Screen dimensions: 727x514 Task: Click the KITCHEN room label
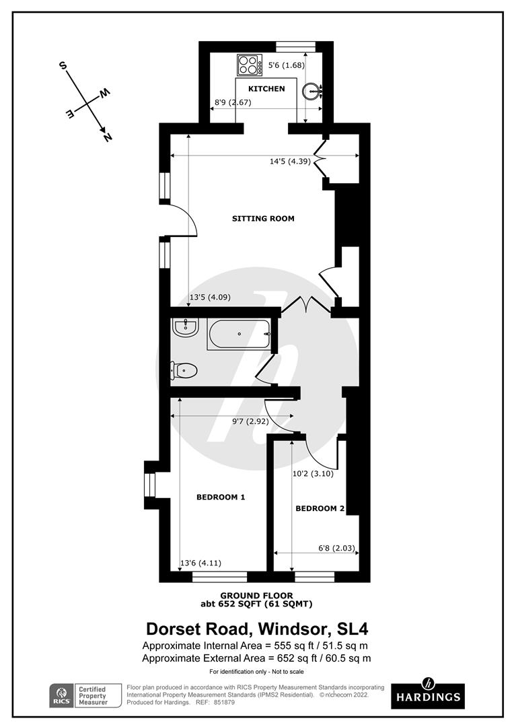(266, 89)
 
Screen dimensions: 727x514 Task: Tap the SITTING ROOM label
(263, 219)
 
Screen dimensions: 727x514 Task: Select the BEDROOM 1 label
(221, 497)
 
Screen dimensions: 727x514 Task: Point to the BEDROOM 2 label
(320, 509)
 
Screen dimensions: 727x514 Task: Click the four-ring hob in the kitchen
(250, 65)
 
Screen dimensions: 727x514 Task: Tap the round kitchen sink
(311, 90)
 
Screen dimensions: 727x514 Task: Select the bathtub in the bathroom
(239, 334)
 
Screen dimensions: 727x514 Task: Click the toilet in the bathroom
(184, 370)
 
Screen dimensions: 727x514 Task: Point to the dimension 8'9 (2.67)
(232, 103)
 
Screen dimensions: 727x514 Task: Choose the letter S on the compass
(63, 66)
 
